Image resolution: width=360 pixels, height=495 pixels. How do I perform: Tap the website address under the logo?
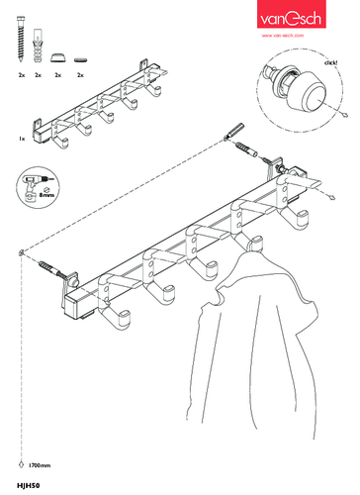(x=283, y=36)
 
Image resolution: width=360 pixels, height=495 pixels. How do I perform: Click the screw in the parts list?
(x=21, y=40)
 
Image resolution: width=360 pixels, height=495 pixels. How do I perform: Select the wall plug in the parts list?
(x=38, y=46)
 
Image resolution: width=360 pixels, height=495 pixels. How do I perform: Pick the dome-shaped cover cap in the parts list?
(x=58, y=57)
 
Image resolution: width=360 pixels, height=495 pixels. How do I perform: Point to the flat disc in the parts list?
(x=80, y=59)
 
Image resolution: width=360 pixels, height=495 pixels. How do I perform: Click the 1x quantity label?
(x=22, y=139)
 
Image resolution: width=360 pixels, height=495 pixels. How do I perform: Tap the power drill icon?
(x=33, y=186)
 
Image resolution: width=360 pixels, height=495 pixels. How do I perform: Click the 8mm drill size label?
(x=46, y=195)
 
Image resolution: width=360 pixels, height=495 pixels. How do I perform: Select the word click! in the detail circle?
(x=330, y=62)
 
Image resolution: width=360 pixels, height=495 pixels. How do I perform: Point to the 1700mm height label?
(x=40, y=465)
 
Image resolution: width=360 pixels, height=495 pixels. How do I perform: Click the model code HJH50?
(x=29, y=485)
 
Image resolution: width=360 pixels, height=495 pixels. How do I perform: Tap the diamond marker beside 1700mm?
(x=21, y=464)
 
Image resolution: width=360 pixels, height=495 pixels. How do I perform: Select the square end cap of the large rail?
(x=73, y=306)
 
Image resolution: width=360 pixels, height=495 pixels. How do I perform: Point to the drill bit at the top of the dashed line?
(x=234, y=131)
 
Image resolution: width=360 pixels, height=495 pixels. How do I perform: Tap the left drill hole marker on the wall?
(x=21, y=253)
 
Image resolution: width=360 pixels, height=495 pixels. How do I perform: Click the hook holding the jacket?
(x=256, y=244)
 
